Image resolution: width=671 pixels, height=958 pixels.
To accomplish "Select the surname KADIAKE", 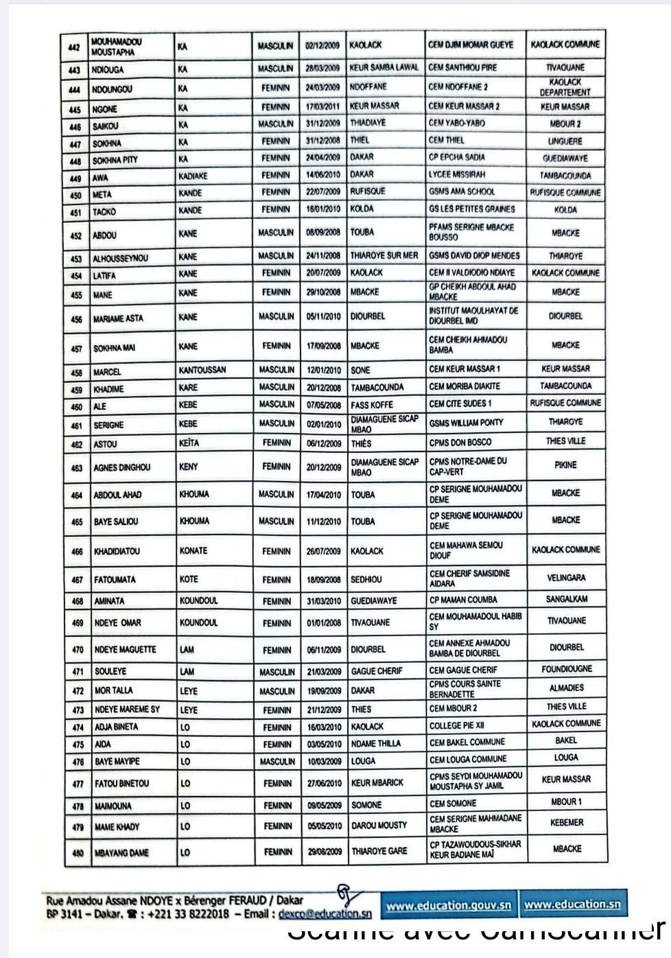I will click(193, 176).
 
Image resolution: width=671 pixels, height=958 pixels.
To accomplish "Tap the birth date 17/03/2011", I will click(323, 106).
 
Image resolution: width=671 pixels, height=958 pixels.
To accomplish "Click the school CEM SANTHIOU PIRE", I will click(462, 68).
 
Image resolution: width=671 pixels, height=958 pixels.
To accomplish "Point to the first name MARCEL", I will click(107, 372).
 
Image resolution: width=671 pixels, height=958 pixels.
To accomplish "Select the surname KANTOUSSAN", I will click(202, 371).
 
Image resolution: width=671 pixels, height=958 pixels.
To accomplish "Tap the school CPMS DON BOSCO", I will click(460, 443).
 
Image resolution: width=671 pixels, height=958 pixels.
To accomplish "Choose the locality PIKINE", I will click(566, 465).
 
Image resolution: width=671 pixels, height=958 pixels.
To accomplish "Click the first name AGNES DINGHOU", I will click(122, 468).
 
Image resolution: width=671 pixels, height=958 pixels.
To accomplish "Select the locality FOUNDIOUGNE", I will click(567, 669).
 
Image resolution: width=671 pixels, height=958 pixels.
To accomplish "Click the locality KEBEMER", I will click(567, 822).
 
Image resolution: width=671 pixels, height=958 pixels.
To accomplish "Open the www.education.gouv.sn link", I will click(449, 905).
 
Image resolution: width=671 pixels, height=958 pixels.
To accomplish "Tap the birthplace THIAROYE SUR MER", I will click(384, 256).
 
